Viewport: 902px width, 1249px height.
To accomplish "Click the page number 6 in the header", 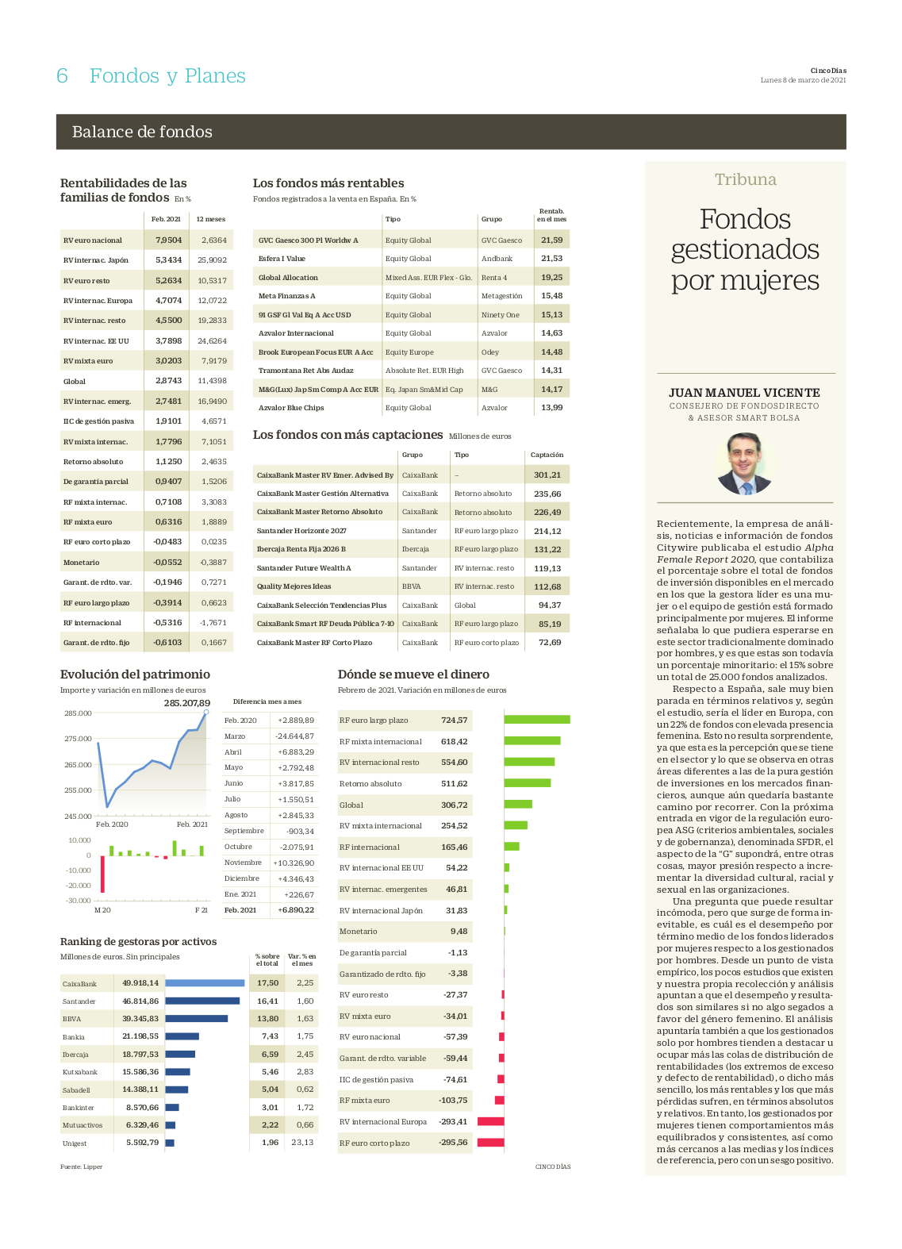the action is point(62,76).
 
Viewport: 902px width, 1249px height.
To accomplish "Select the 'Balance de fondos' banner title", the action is point(142,132).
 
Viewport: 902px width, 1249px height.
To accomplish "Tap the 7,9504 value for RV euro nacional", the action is point(168,240).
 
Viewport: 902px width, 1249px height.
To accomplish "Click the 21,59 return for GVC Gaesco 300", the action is point(551,240).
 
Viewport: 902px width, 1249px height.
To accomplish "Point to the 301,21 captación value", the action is point(547,475).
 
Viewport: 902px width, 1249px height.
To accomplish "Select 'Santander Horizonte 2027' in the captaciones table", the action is point(301,531).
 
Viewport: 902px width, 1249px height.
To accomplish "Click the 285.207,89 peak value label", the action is point(186,703).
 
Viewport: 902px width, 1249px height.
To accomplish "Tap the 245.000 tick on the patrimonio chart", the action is point(78,816).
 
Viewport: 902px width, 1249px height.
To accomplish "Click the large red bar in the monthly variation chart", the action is point(102,874).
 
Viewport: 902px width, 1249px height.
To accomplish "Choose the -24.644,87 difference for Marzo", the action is point(294,736).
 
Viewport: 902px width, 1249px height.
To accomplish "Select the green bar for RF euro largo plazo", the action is point(537,720).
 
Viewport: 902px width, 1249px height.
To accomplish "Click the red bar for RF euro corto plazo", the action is point(490,1143).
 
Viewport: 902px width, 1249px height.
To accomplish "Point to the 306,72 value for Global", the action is point(455,805).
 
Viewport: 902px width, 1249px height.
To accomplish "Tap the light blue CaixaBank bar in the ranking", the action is point(205,982).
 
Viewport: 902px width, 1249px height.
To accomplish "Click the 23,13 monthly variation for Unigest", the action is point(302,1142).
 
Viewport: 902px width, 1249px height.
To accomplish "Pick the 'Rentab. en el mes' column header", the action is point(551,215).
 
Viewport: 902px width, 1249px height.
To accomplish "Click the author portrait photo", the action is point(744,464).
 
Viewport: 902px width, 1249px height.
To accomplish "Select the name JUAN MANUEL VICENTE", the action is point(744,393).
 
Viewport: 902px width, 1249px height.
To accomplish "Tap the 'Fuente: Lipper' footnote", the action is point(82,1166).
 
